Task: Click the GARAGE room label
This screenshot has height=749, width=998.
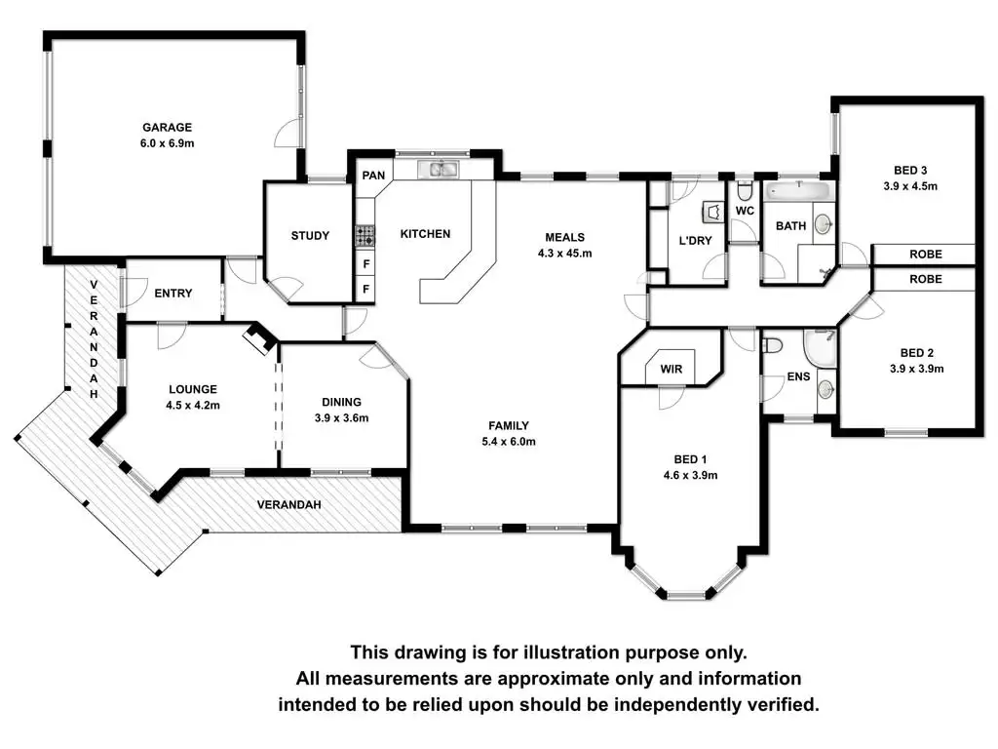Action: (167, 127)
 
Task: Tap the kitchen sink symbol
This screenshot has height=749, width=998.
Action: (441, 170)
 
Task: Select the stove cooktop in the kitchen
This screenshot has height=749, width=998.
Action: (365, 235)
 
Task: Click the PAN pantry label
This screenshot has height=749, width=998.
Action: (372, 177)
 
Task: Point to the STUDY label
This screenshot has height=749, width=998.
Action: (310, 236)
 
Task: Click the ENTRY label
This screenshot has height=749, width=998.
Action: (173, 294)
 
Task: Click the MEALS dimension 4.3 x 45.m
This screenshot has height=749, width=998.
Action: (564, 253)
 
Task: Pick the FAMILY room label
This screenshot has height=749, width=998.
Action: (509, 425)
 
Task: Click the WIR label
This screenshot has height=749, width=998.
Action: (671, 370)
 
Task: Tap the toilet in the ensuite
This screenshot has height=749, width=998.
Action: (774, 346)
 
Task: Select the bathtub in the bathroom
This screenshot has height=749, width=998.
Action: (796, 191)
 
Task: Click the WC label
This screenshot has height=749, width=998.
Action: (745, 211)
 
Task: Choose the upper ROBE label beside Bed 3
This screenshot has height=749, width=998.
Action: (925, 254)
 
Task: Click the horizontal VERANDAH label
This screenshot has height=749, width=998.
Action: (289, 505)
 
